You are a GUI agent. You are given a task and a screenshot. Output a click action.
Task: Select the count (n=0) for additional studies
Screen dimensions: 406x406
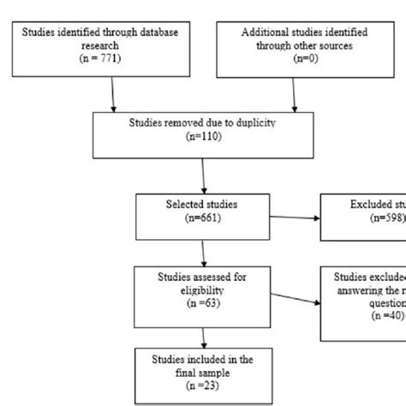pos(296,59)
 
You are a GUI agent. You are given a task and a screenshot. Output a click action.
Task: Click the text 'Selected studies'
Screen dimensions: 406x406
pos(203,205)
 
